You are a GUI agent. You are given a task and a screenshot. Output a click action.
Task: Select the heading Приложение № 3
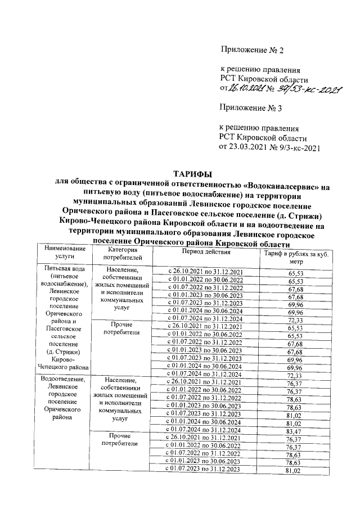pos(251,109)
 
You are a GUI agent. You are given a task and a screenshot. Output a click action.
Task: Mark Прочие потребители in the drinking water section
pos(122,328)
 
